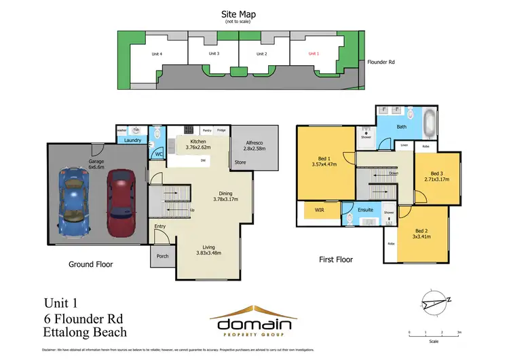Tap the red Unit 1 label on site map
(314, 53)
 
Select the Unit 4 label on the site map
(156, 54)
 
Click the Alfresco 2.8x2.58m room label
(255, 145)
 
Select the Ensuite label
(366, 210)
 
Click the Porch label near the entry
(162, 256)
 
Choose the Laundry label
(132, 141)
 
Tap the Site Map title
(239, 14)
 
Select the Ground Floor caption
(90, 264)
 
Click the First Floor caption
(335, 259)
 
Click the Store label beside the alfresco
(240, 162)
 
